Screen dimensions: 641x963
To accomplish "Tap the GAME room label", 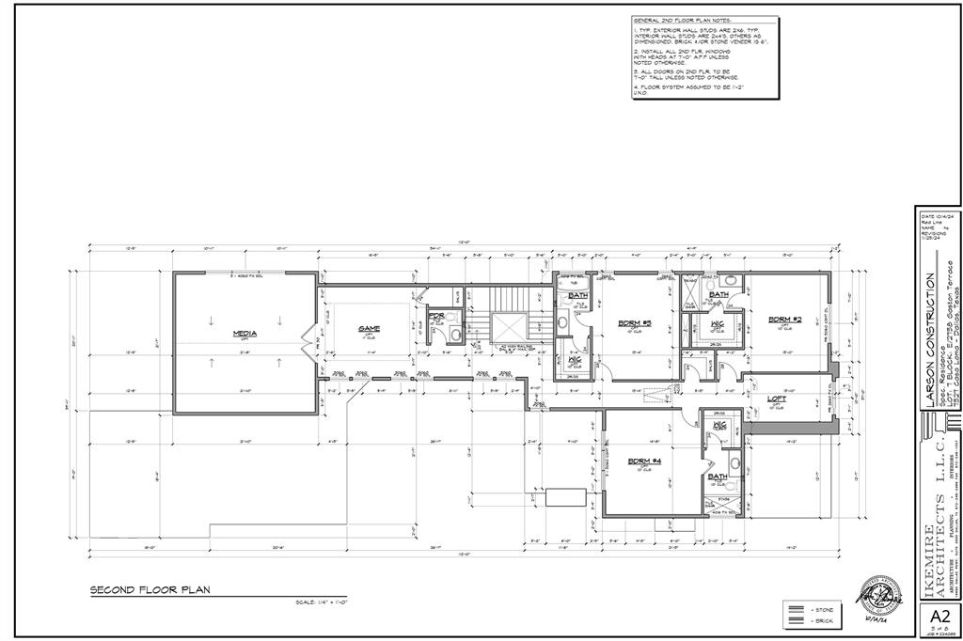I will (368, 329).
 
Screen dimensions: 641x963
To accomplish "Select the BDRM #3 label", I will (629, 324).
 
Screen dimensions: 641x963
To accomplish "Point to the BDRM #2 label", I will (783, 318).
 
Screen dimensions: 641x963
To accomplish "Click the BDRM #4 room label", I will (640, 460).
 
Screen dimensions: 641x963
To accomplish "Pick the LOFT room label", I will (777, 399).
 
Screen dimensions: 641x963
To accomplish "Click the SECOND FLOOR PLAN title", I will (150, 590).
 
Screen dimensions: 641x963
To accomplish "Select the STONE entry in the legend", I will (821, 610).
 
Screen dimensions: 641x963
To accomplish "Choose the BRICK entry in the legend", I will (821, 622).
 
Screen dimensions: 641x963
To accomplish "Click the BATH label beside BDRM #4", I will (718, 476).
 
